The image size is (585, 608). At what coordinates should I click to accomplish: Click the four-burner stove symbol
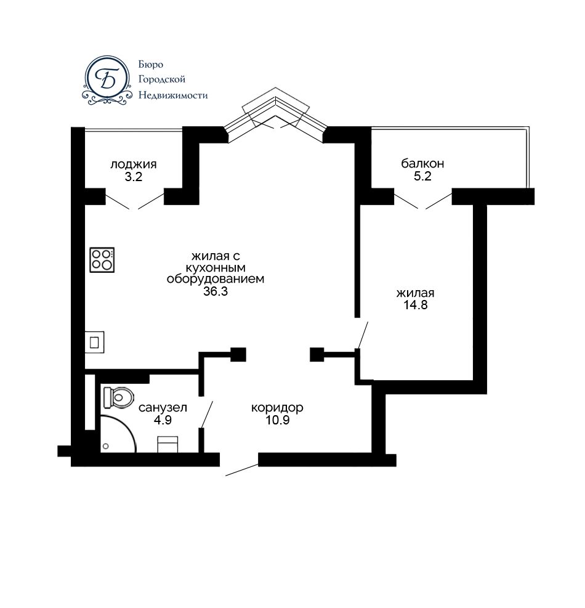pos(102,260)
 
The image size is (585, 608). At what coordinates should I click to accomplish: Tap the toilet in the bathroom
pos(118,397)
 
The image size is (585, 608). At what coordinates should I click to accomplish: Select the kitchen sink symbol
pos(95,342)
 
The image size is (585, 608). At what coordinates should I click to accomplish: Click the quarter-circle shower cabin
pos(118,434)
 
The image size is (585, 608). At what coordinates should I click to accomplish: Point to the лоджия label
pos(134,164)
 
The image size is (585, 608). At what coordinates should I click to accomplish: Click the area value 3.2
pos(134,177)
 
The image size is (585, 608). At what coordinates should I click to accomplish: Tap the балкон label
pos(422,163)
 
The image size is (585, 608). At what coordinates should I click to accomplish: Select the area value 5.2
pos(422,176)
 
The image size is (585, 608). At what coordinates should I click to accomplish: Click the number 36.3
pos(216,291)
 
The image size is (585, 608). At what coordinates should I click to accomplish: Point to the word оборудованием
pos(216,279)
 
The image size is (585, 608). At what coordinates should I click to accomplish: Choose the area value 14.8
pos(416,305)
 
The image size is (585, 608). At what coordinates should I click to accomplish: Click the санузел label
pos(163,408)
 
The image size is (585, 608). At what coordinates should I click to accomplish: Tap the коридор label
pos(277,408)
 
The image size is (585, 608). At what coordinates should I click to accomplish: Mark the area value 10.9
pos(278,420)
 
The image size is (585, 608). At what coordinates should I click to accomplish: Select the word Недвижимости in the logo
pos(173,95)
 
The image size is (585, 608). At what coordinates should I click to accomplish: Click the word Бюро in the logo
pos(151,64)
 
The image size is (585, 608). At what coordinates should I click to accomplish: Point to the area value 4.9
pos(163,420)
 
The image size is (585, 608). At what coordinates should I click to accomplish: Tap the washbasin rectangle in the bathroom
pos(168,444)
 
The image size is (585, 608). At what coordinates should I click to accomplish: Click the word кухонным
pos(216,267)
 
